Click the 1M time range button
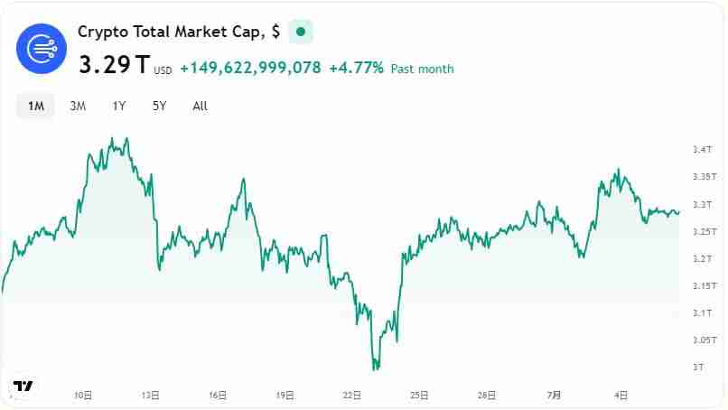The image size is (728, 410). (36, 106)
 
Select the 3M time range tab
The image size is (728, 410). (78, 106)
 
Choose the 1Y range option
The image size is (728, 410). (119, 106)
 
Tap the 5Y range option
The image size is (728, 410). (159, 106)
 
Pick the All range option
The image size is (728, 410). (201, 106)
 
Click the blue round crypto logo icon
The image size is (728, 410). (42, 48)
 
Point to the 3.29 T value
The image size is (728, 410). (115, 66)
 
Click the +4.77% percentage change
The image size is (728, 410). (356, 68)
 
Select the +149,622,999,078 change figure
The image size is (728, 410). (250, 68)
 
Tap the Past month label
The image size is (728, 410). (422, 69)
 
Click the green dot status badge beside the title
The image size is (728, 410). (301, 32)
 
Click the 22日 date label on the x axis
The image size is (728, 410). (352, 395)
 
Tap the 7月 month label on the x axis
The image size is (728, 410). (554, 395)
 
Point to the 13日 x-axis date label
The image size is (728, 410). (151, 395)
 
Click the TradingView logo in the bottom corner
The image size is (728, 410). (23, 386)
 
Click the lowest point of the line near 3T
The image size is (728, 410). (375, 368)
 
